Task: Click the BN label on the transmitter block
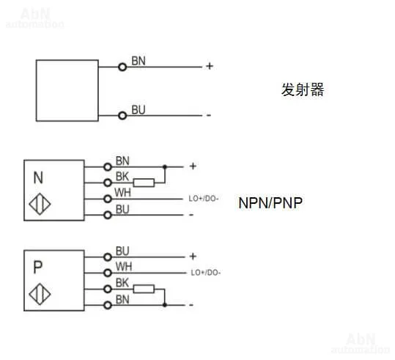pyautogui.click(x=139, y=61)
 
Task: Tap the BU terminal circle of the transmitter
pyautogui.click(x=122, y=116)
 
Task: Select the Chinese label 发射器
pyautogui.click(x=303, y=89)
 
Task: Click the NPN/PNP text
pyautogui.click(x=270, y=203)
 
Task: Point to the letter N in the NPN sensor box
pyautogui.click(x=38, y=177)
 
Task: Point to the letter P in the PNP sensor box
pyautogui.click(x=38, y=268)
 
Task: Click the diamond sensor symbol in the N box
pyautogui.click(x=40, y=204)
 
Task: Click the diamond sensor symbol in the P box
pyautogui.click(x=40, y=294)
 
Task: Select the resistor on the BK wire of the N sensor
pyautogui.click(x=144, y=183)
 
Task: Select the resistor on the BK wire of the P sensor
pyautogui.click(x=144, y=289)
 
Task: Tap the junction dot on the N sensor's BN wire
pyautogui.click(x=165, y=166)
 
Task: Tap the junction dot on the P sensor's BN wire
pyautogui.click(x=165, y=305)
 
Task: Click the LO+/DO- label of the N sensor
pyautogui.click(x=204, y=199)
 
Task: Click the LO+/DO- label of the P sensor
pyautogui.click(x=205, y=273)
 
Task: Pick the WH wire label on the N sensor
pyautogui.click(x=122, y=193)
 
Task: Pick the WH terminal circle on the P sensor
pyautogui.click(x=108, y=273)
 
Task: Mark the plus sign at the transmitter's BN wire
pyautogui.click(x=210, y=66)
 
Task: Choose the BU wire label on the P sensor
pyautogui.click(x=122, y=251)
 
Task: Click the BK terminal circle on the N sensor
pyautogui.click(x=108, y=183)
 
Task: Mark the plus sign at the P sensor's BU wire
pyautogui.click(x=193, y=257)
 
